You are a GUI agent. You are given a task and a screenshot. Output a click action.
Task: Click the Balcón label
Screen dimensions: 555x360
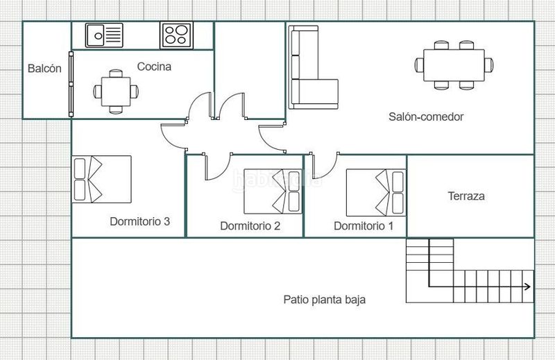tap(44, 68)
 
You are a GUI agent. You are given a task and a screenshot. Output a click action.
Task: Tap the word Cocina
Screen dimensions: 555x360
tap(154, 67)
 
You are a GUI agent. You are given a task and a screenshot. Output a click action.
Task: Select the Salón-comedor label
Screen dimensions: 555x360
tap(426, 117)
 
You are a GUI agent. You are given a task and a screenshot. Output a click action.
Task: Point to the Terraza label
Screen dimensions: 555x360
tap(466, 196)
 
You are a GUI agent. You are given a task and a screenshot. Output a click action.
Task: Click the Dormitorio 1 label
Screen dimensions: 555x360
tap(364, 225)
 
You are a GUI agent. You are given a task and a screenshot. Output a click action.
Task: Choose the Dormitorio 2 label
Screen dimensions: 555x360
tap(250, 225)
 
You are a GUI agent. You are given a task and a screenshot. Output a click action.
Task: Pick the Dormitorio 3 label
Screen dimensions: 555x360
tap(140, 221)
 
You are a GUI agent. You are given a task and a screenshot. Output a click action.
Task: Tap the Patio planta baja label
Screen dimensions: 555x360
tap(324, 300)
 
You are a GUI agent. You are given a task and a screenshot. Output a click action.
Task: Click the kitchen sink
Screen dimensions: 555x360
tap(104, 35)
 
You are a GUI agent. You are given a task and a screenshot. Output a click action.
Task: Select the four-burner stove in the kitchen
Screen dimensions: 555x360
tap(176, 35)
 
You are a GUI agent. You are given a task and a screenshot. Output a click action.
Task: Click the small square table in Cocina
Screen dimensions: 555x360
tap(116, 92)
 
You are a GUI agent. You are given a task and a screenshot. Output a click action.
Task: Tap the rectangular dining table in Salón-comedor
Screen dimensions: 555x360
tap(454, 65)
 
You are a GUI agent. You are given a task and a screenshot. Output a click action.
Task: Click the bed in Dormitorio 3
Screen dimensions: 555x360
tap(101, 179)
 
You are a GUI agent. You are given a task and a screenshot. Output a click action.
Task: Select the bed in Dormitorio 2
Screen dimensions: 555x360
tap(273, 191)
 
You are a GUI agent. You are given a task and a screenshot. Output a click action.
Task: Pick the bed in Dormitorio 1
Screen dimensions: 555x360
tap(376, 193)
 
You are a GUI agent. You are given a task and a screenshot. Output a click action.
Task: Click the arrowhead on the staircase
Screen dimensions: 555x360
tap(528, 286)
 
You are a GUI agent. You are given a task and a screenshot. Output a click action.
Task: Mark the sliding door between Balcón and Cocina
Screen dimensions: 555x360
tap(71, 84)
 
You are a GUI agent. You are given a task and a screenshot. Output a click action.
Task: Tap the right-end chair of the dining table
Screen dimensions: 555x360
tap(489, 65)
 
